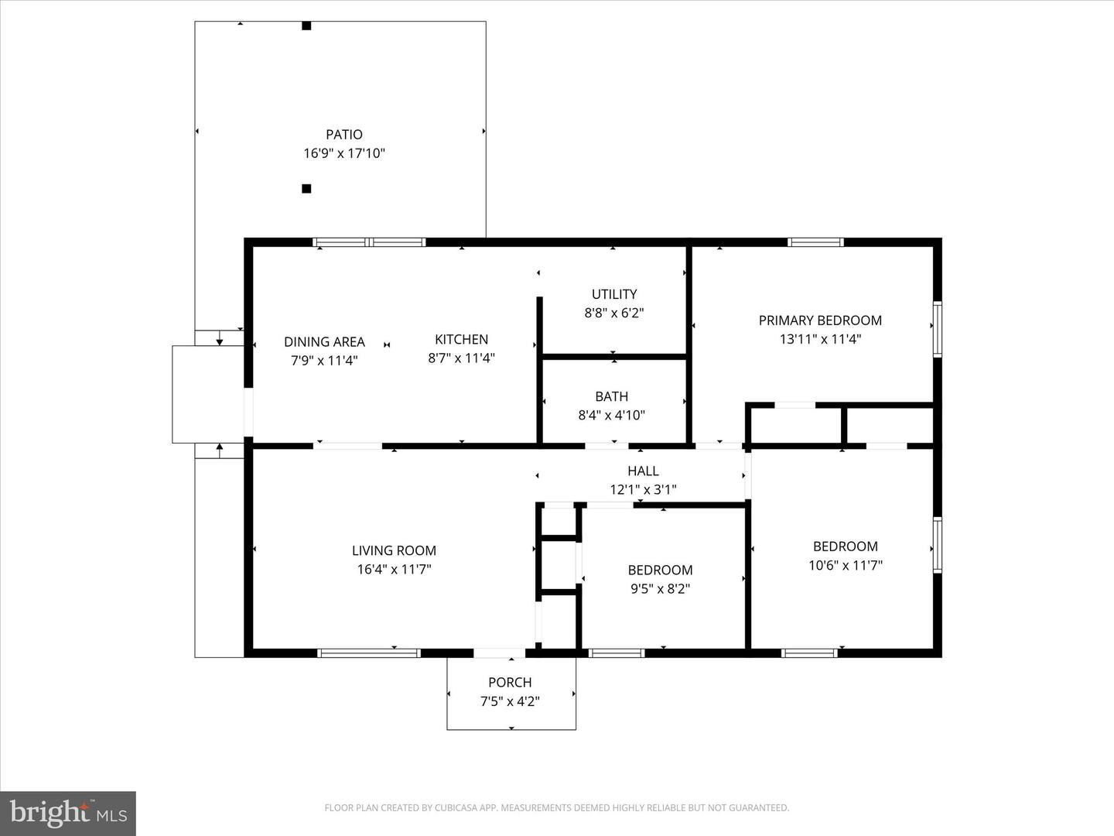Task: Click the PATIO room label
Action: tap(343, 135)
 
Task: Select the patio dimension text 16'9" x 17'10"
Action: tap(343, 153)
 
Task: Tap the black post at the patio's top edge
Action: tap(306, 26)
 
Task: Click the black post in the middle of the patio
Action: tap(306, 188)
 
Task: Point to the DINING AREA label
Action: tap(324, 341)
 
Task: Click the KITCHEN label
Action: tap(461, 339)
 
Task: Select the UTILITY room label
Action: tap(614, 294)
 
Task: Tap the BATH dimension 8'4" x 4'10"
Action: tap(611, 415)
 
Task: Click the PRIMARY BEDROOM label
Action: tap(820, 320)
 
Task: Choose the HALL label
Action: tap(643, 471)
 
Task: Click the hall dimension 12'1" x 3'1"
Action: tap(643, 489)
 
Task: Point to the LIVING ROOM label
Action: tap(394, 550)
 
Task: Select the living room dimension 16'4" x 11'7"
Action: tap(394, 569)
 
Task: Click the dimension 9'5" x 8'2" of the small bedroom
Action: tap(660, 588)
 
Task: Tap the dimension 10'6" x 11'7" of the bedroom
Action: tap(846, 565)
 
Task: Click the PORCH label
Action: tap(510, 682)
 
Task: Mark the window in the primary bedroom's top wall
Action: tap(815, 242)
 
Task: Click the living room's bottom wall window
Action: tap(369, 653)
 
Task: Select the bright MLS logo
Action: tap(68, 813)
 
